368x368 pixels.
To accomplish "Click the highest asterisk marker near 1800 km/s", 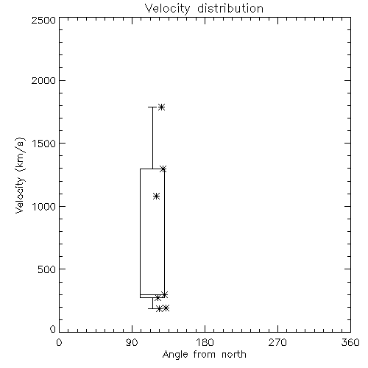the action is point(161,107).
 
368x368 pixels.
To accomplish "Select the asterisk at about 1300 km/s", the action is point(163,169).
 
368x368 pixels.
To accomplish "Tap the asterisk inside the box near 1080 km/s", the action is point(156,196).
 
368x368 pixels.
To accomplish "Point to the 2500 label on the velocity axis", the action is point(44,20).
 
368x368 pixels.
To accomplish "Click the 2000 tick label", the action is point(44,80).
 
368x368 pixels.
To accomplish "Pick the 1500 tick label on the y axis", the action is point(44,144).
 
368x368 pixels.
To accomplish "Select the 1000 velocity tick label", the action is point(44,207).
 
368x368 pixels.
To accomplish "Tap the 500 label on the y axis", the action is point(47,269).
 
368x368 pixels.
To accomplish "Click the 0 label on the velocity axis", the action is point(53,329).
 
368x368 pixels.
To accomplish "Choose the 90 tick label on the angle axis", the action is point(132,342).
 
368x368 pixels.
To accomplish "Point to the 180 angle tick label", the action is point(205,342).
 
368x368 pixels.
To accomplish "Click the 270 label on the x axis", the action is point(277,342).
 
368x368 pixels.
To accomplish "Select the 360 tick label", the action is point(350,342).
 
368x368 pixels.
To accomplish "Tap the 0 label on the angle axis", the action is point(59,342).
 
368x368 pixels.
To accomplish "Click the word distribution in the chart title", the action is point(230,8).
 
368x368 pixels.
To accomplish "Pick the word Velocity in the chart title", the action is point(168,9).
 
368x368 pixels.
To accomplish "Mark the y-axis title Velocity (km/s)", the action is point(20,175).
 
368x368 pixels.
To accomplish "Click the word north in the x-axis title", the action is point(234,355).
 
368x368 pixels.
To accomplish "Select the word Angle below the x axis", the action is point(175,355).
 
